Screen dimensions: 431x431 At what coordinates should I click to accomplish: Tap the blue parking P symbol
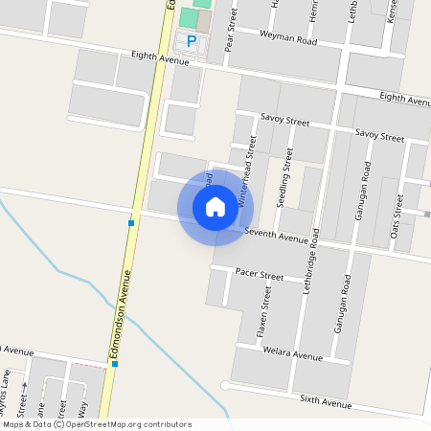(192, 41)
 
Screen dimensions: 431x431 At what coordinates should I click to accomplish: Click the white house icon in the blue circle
(215, 206)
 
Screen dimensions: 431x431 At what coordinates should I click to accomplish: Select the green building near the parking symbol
(187, 18)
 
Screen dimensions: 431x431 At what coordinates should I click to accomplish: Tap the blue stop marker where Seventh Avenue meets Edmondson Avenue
(130, 222)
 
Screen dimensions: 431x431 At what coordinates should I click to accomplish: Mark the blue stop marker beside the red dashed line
(114, 364)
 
